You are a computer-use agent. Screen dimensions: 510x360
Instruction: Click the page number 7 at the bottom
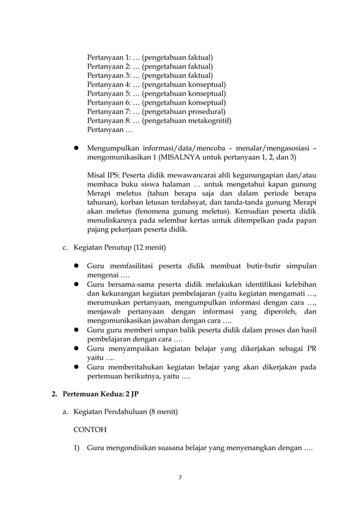pos(179,477)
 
